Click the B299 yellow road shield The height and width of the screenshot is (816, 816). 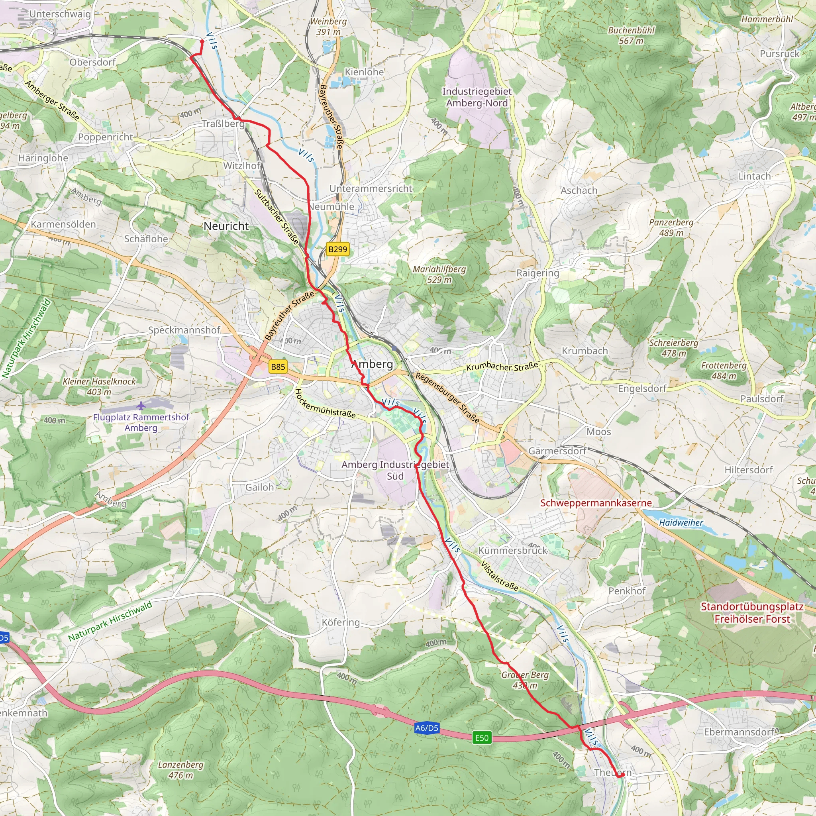coord(337,249)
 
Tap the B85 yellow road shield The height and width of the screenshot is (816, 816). coord(278,367)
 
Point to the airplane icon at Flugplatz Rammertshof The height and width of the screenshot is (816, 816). coord(141,406)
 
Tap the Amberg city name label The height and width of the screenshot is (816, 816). coord(372,364)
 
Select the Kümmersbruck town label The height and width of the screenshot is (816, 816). coord(513,550)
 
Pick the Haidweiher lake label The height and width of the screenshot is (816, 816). coord(681,522)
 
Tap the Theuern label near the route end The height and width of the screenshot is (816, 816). coord(612,773)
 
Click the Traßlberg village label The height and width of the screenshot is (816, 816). coord(223,124)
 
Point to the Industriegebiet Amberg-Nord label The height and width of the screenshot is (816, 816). coord(477,97)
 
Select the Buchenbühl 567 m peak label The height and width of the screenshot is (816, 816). coord(631,35)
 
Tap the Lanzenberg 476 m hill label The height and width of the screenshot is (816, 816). coord(181,769)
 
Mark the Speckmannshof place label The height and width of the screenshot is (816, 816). coord(184,330)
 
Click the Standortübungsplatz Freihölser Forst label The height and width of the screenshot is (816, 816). coord(752,612)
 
